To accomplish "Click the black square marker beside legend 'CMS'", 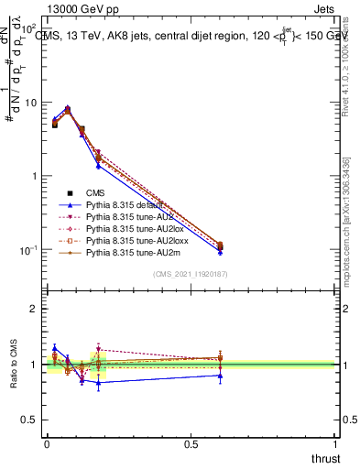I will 70,193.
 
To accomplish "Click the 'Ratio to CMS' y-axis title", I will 14,365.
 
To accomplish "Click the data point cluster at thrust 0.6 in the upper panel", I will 219,246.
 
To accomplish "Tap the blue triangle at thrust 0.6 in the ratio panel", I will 219,375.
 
